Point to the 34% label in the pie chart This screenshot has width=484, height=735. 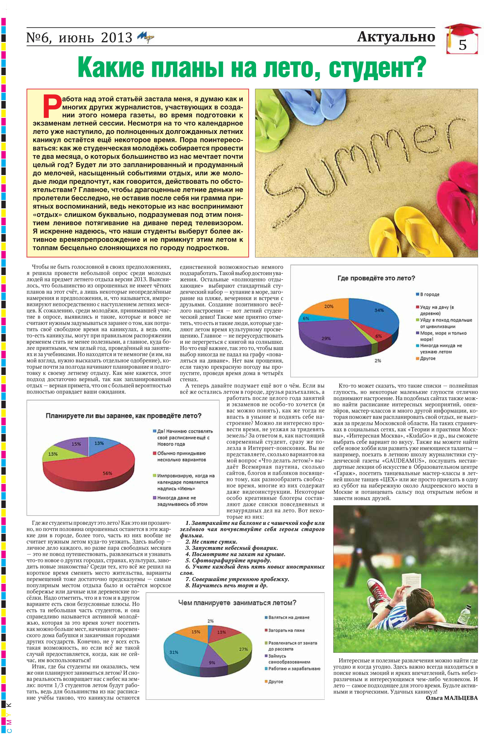379,310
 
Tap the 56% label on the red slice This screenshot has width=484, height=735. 107,473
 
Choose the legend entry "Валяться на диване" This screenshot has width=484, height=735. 289,617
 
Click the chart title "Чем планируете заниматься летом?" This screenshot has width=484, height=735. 237,602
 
